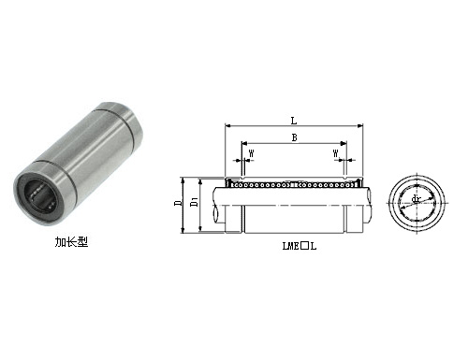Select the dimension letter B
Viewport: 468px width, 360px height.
click(295, 138)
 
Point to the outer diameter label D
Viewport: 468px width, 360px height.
click(179, 200)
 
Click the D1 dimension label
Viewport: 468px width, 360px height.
click(194, 200)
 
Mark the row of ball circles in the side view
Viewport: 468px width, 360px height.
click(295, 183)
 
